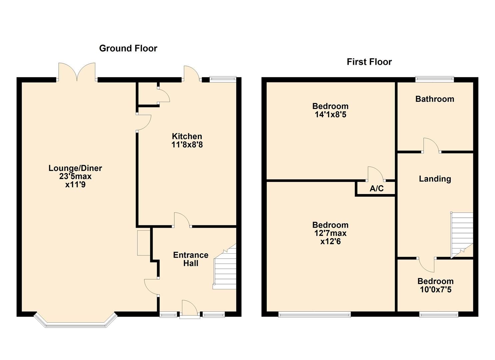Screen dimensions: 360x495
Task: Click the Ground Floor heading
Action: (128, 48)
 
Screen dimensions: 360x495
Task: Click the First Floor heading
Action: (369, 62)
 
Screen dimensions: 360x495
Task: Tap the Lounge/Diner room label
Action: (75, 168)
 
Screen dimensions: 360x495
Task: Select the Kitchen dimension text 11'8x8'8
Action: (187, 145)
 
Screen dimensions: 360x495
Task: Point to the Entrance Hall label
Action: (191, 259)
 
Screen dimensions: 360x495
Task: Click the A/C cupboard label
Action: (376, 189)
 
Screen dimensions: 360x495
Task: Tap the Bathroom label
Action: (434, 99)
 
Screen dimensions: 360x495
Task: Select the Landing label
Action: (435, 179)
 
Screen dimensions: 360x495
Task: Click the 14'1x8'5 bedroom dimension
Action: (330, 115)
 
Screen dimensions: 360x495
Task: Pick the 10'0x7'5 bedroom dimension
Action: (435, 290)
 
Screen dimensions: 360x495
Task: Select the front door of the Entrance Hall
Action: (190, 309)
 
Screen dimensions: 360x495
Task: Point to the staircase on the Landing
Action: (462, 233)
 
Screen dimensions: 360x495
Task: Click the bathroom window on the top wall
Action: (434, 79)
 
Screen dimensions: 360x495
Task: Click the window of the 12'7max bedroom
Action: (314, 314)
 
